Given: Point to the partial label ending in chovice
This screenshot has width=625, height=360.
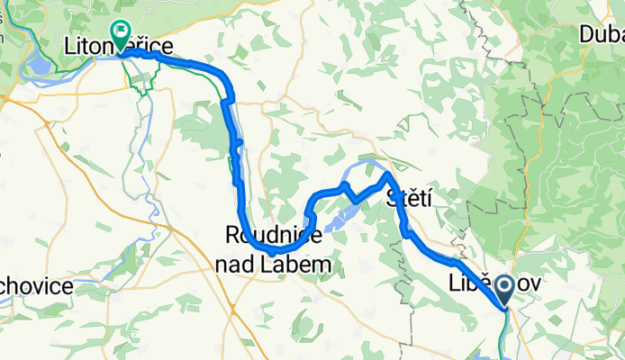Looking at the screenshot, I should [x=36, y=286].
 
